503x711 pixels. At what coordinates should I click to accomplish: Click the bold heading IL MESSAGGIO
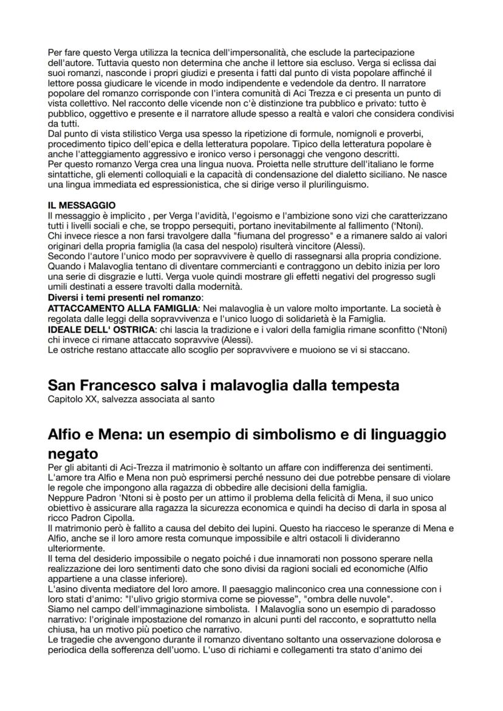pos(81,206)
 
